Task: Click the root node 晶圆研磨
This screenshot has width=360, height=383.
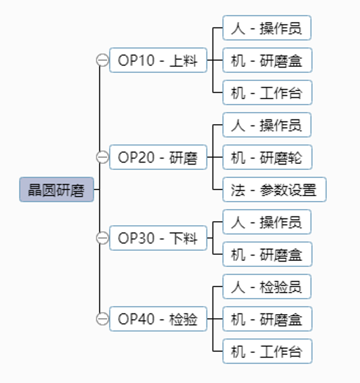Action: [x=57, y=189]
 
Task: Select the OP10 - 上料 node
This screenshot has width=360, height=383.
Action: [x=158, y=60]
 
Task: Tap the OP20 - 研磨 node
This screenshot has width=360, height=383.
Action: [x=158, y=157]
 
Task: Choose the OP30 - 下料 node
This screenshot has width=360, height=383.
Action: [x=158, y=238]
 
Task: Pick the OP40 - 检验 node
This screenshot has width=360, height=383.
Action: [x=158, y=319]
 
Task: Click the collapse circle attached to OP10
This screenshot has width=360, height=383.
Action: [x=102, y=60]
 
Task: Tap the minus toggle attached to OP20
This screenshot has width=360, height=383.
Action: [x=102, y=157]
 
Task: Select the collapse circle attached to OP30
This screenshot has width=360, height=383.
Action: [x=102, y=238]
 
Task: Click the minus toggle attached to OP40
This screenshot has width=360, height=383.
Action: [x=102, y=319]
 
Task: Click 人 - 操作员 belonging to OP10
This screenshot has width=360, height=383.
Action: [x=267, y=28]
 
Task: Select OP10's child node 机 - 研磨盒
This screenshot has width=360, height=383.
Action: [x=268, y=60]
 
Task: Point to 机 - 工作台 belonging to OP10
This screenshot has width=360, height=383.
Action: [x=268, y=92]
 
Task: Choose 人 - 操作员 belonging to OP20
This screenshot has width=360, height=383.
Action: [x=267, y=125]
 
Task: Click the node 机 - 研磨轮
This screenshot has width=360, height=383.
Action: [x=268, y=157]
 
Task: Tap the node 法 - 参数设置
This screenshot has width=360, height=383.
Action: [x=274, y=189]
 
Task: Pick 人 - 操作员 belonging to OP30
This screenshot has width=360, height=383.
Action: [x=267, y=222]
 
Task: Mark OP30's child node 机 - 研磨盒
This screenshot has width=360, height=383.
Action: [x=268, y=254]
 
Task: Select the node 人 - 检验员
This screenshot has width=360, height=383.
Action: [x=267, y=287]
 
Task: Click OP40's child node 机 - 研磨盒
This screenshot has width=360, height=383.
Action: [x=268, y=319]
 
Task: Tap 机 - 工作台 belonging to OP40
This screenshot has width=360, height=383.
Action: [x=268, y=351]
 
